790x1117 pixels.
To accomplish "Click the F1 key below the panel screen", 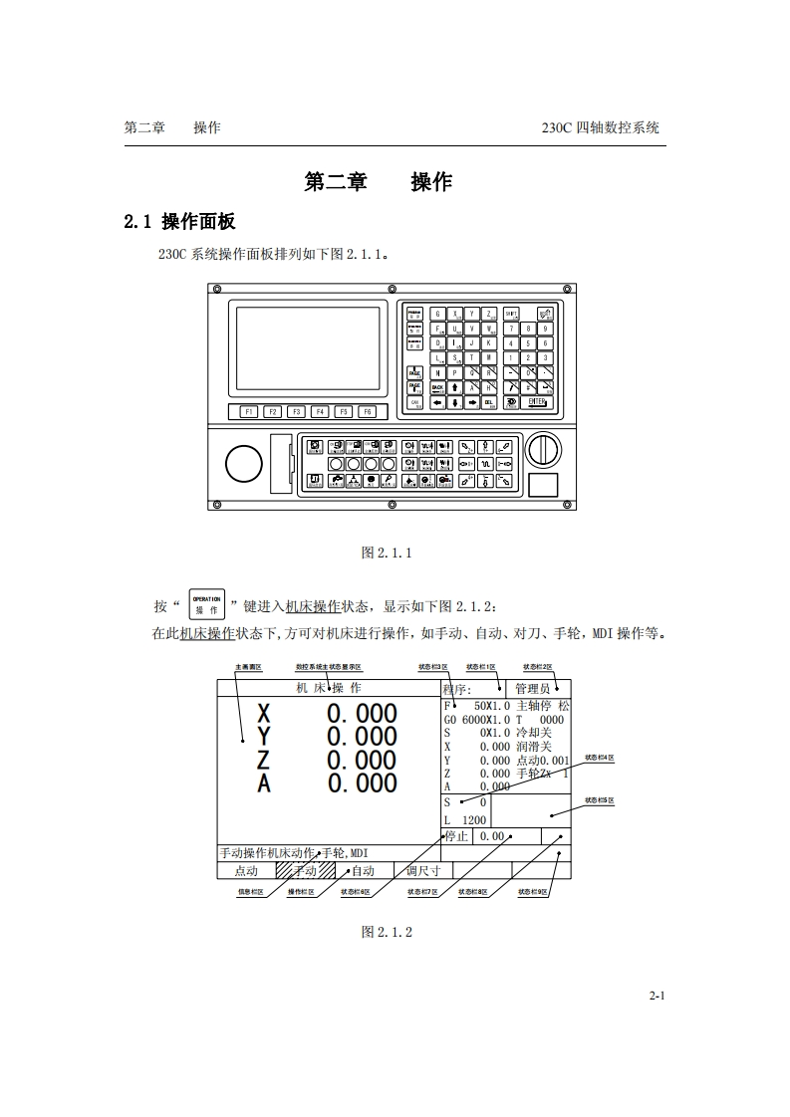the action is pyautogui.click(x=248, y=411).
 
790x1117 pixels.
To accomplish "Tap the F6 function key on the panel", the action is pyautogui.click(x=368, y=411).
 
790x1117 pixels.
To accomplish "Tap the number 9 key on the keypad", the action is pyautogui.click(x=545, y=328).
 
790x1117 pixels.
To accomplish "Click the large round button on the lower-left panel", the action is pyautogui.click(x=244, y=463).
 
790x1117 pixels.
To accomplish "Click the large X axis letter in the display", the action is pyautogui.click(x=263, y=714).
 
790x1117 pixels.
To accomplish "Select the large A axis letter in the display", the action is pyautogui.click(x=263, y=783).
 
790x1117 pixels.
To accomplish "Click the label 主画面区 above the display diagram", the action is pyautogui.click(x=248, y=667).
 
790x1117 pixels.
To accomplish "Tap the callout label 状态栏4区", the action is pyautogui.click(x=600, y=759).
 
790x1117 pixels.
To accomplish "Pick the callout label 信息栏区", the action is pyautogui.click(x=250, y=892).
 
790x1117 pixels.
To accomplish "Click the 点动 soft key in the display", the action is pyautogui.click(x=245, y=870).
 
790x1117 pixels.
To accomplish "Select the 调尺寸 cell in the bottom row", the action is pyautogui.click(x=423, y=870).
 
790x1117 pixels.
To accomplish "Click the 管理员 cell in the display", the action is pyautogui.click(x=533, y=689).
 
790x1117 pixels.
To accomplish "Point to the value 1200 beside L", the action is pyautogui.click(x=474, y=820).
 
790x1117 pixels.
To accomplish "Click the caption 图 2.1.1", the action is pyautogui.click(x=387, y=554).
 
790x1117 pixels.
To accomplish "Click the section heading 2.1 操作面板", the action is pyautogui.click(x=179, y=221).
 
